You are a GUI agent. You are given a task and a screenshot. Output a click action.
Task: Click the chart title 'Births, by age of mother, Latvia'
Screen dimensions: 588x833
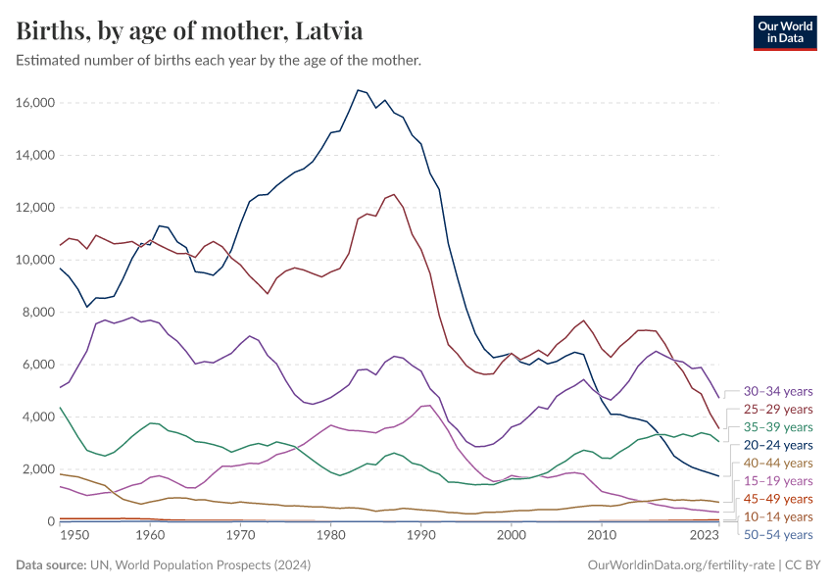tap(190, 31)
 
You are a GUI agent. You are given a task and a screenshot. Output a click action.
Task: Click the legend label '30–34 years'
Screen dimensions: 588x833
tap(778, 390)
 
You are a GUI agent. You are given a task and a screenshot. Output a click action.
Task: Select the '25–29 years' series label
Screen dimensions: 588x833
tap(778, 409)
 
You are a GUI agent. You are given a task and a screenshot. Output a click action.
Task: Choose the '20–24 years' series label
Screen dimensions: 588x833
tap(778, 445)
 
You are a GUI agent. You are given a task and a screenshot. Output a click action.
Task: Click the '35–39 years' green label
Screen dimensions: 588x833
tap(778, 426)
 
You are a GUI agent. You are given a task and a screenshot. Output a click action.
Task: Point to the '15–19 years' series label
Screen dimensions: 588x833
tap(778, 480)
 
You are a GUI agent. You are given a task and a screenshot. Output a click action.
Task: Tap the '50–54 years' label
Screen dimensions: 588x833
tap(778, 534)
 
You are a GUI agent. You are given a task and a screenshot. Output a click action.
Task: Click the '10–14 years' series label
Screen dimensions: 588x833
tap(778, 516)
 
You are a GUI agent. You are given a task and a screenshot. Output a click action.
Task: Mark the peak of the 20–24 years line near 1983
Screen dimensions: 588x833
tap(358, 90)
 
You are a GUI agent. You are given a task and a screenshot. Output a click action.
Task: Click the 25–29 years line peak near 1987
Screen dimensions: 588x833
tap(394, 194)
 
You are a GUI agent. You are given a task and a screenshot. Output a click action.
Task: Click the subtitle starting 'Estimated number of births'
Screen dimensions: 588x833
tap(219, 61)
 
